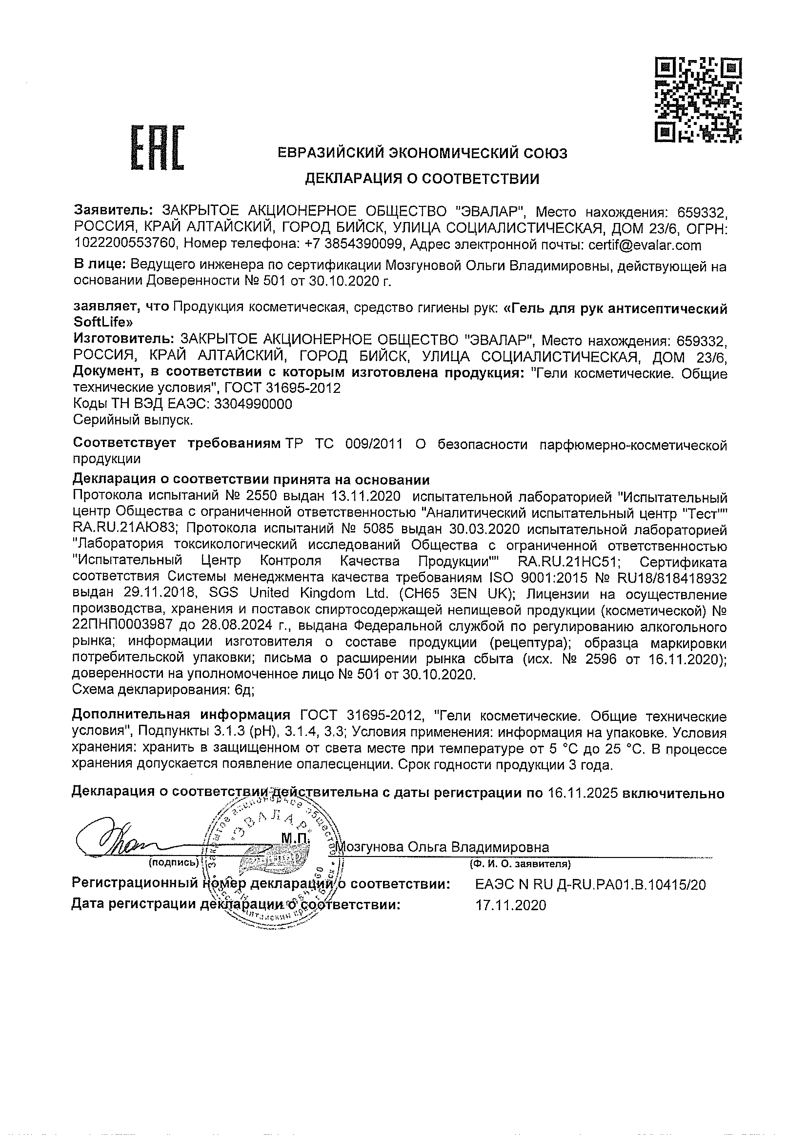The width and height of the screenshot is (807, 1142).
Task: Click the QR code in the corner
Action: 699,100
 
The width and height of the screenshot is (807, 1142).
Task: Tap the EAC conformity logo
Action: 157,149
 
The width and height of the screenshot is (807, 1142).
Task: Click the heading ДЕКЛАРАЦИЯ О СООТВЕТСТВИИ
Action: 422,179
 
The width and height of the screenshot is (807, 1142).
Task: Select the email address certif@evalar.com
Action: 645,245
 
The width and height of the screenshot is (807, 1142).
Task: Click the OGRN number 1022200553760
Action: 125,245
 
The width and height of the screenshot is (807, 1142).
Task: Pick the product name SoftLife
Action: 103,322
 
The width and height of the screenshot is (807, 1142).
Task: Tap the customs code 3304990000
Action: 253,404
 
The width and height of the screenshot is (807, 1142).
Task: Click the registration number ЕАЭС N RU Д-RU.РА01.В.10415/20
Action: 590,885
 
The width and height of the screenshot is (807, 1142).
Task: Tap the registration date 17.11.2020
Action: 511,905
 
